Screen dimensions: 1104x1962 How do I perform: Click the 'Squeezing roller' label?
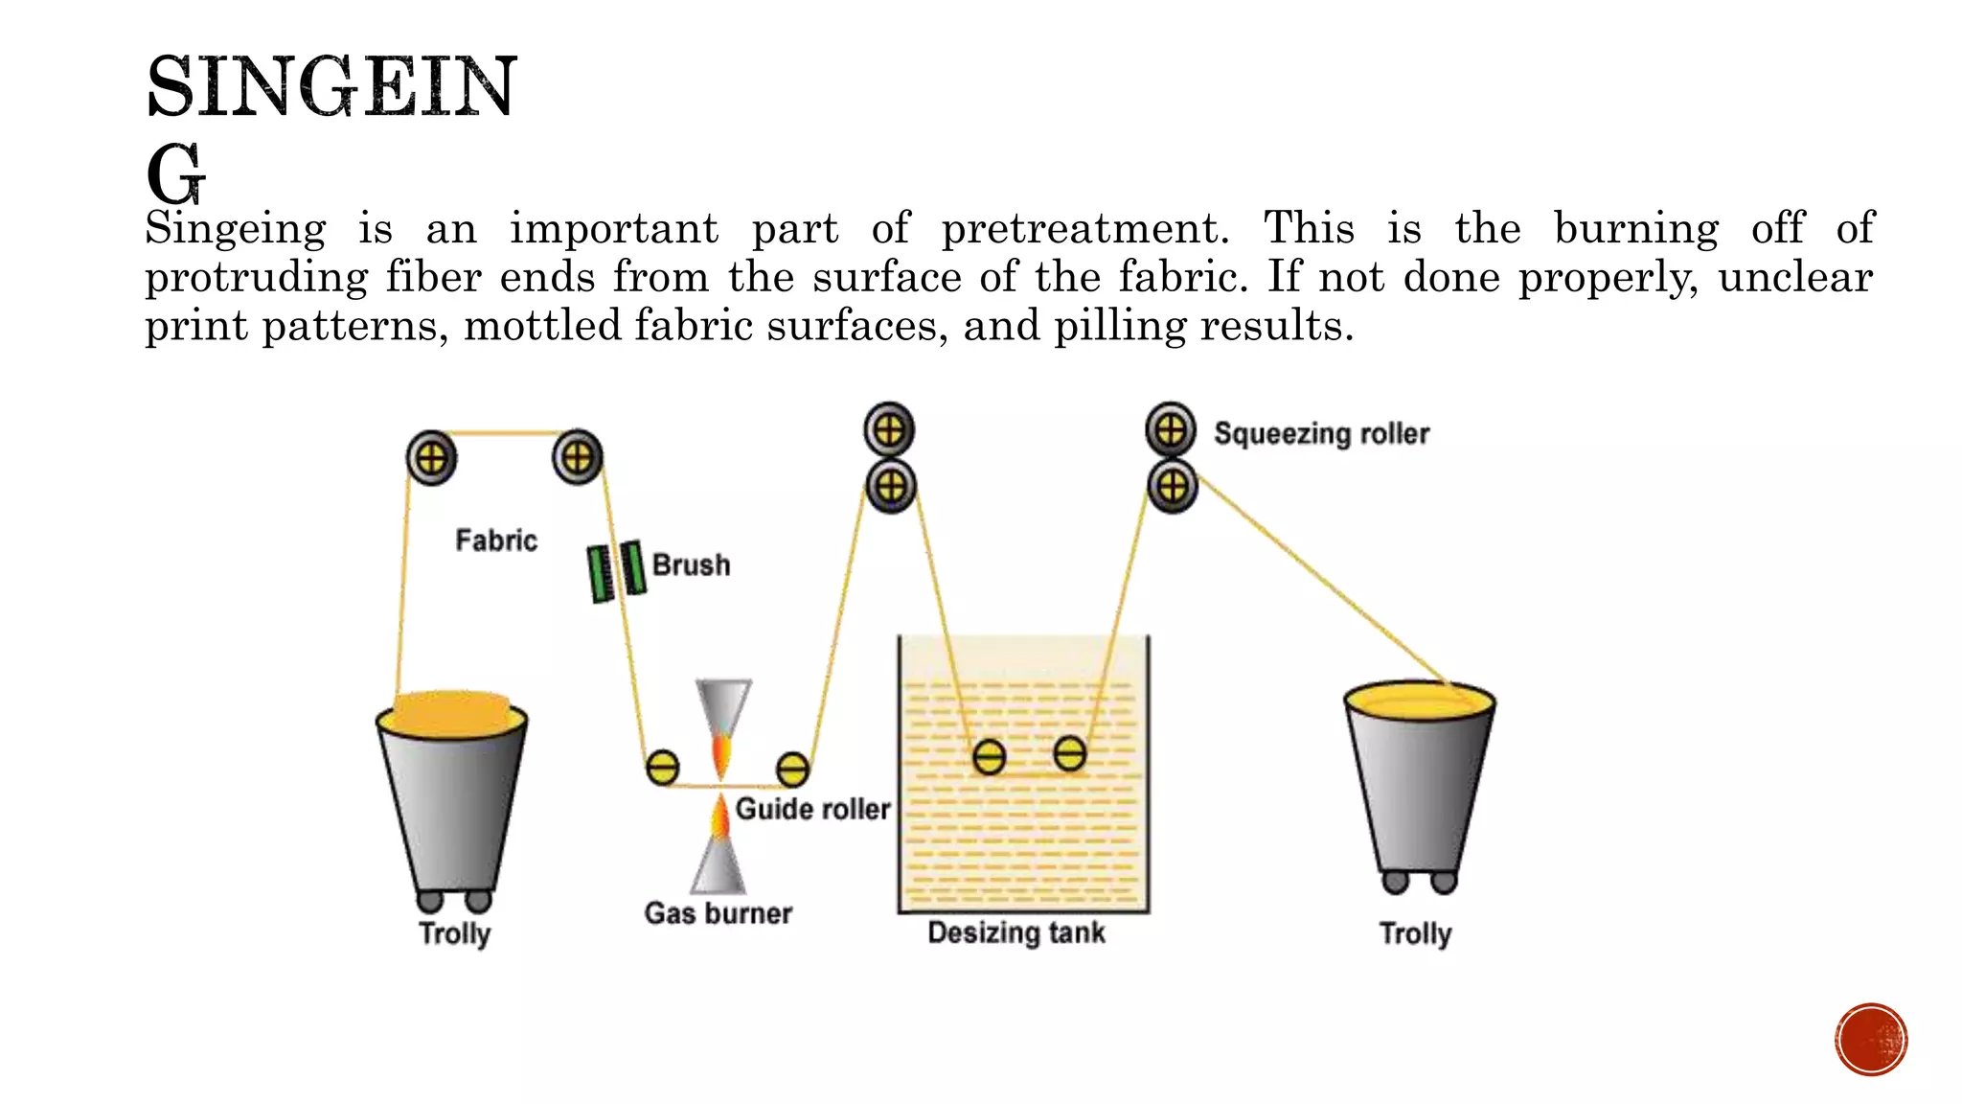[x=1321, y=434]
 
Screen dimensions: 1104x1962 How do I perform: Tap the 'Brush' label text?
[x=691, y=565]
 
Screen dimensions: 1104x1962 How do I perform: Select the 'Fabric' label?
[x=495, y=540]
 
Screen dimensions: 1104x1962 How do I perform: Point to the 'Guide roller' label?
[x=812, y=810]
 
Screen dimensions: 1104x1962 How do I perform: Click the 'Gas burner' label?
[x=718, y=913]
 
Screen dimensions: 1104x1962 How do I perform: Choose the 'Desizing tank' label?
[x=1016, y=932]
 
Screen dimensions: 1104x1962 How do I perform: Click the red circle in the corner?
[x=1871, y=1040]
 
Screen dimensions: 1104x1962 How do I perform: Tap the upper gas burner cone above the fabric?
[x=723, y=709]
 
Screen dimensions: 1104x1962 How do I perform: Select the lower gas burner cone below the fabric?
[x=719, y=862]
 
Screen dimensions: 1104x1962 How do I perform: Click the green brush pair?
[x=615, y=571]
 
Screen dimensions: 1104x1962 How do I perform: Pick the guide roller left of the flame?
[x=662, y=768]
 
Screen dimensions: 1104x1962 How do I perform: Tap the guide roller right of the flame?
[x=792, y=769]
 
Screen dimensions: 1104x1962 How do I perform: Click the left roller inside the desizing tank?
[x=989, y=757]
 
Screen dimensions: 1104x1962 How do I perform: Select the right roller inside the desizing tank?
[x=1069, y=753]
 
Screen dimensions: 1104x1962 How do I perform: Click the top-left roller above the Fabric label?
[x=431, y=458]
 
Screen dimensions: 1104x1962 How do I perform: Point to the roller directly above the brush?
[x=577, y=457]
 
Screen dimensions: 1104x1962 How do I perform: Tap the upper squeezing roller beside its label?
[x=1171, y=430]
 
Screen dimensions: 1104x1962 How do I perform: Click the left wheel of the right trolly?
[x=1396, y=882]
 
